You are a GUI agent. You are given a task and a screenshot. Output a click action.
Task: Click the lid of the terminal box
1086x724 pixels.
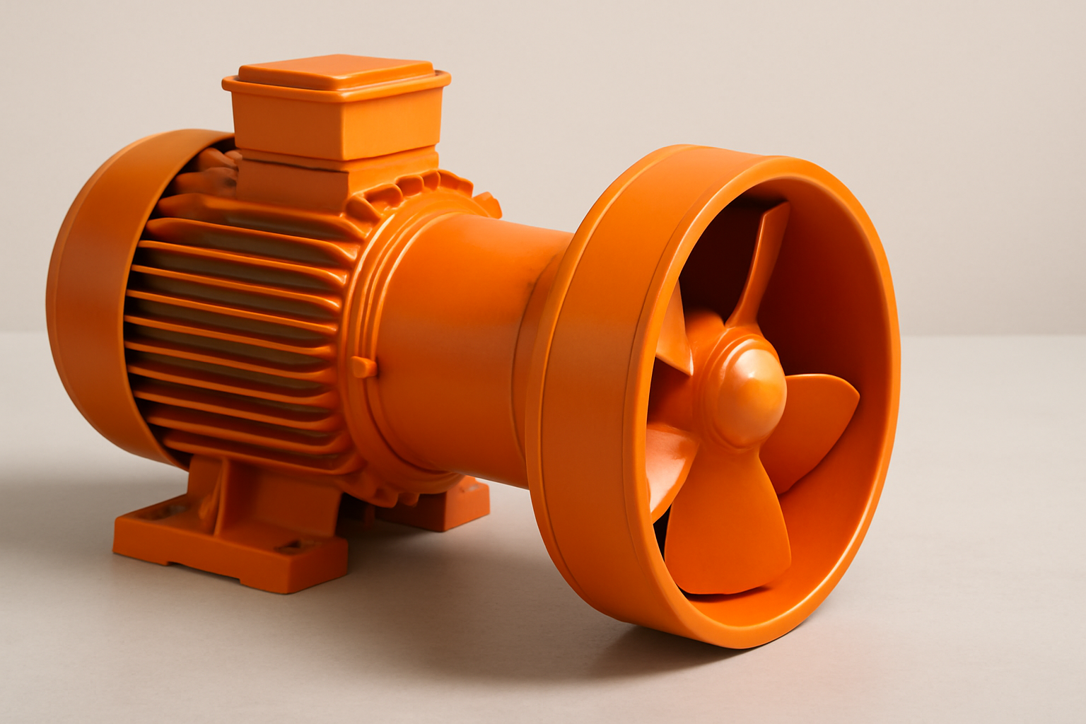(x=336, y=78)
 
